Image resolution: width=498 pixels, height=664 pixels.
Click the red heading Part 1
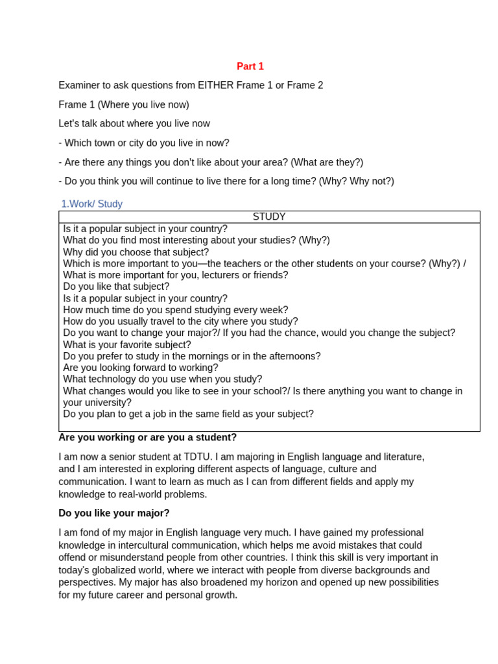250,66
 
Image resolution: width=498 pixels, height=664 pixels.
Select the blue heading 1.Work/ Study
91,204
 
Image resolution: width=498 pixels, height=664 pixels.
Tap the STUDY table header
269,217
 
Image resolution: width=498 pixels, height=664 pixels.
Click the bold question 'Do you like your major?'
114,513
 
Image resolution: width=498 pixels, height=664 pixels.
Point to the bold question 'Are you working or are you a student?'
148,438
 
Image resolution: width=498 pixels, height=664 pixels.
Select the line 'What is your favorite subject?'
127,344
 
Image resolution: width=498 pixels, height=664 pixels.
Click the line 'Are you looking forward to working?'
141,368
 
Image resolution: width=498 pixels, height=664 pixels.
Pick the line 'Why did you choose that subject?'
136,252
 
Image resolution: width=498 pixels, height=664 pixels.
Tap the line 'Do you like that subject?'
116,287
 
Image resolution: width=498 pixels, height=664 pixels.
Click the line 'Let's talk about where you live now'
134,124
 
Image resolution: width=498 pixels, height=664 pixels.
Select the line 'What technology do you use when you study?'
163,379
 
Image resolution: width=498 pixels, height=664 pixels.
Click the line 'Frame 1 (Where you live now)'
124,104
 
